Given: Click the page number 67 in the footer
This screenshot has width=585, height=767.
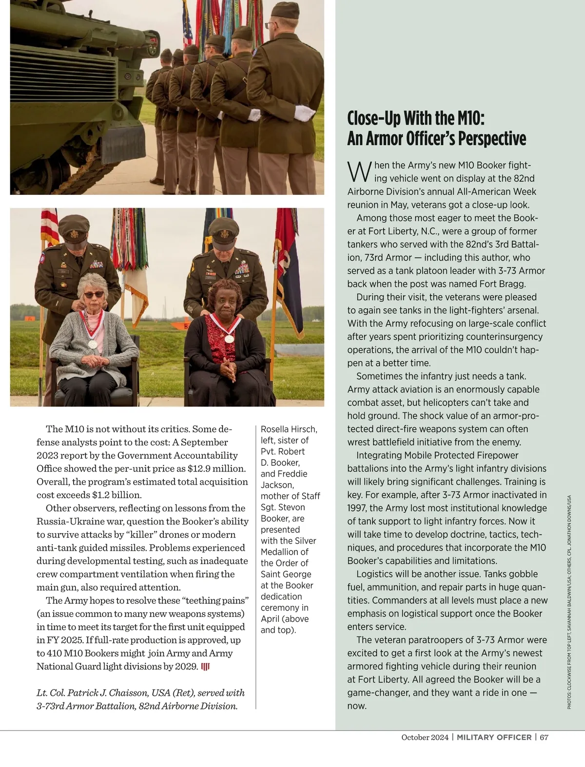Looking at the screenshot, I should click(x=544, y=737).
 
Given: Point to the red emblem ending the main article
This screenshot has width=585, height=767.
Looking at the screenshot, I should click(x=205, y=666).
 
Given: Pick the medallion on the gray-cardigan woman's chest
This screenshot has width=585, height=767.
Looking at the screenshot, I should click(x=92, y=344).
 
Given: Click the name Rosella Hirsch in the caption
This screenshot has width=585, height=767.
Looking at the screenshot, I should click(x=289, y=429).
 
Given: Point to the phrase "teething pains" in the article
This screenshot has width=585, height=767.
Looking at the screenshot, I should click(x=215, y=600).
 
